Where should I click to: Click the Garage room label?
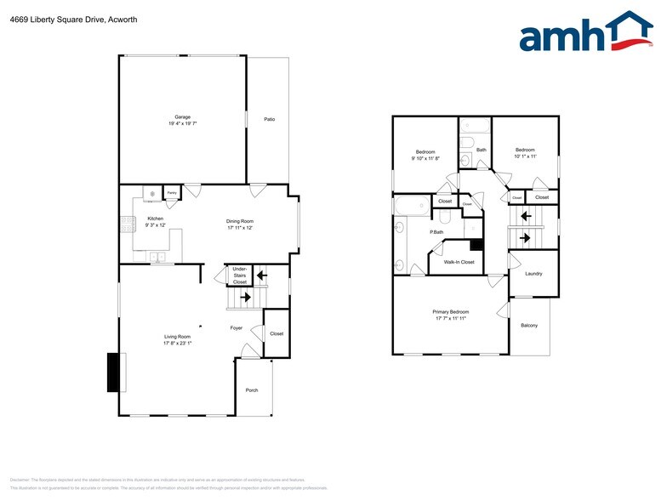point(182,117)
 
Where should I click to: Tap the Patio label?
point(269,119)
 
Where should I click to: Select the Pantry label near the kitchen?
point(171,194)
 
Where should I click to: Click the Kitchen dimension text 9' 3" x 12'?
point(155,225)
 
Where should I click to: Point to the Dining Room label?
point(241,220)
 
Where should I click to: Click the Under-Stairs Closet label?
point(240,275)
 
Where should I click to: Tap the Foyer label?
point(237,327)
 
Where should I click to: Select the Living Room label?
point(178,337)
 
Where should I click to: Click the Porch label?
point(251,390)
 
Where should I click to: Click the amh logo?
point(586,33)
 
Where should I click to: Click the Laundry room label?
point(533,274)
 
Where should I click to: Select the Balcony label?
point(528,326)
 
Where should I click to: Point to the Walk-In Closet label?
point(459,262)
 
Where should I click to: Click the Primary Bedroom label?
point(451,312)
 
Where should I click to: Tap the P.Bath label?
point(436,232)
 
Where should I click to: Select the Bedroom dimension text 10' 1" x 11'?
point(525,156)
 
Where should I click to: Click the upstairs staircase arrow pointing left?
point(526,216)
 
